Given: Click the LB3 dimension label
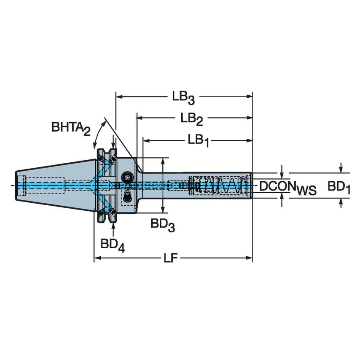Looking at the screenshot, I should (183, 97).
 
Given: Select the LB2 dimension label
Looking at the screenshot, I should (192, 119).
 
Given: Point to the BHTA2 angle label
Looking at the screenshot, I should (71, 128).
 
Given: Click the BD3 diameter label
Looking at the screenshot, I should (163, 225).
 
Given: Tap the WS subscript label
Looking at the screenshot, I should (306, 191).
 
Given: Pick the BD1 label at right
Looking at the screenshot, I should (339, 186).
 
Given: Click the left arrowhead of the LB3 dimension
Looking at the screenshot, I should (118, 97).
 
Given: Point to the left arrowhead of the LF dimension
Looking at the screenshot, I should (97, 258).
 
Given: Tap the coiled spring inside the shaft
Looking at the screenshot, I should (219, 185).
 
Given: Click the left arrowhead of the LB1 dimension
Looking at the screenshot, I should (146, 141).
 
